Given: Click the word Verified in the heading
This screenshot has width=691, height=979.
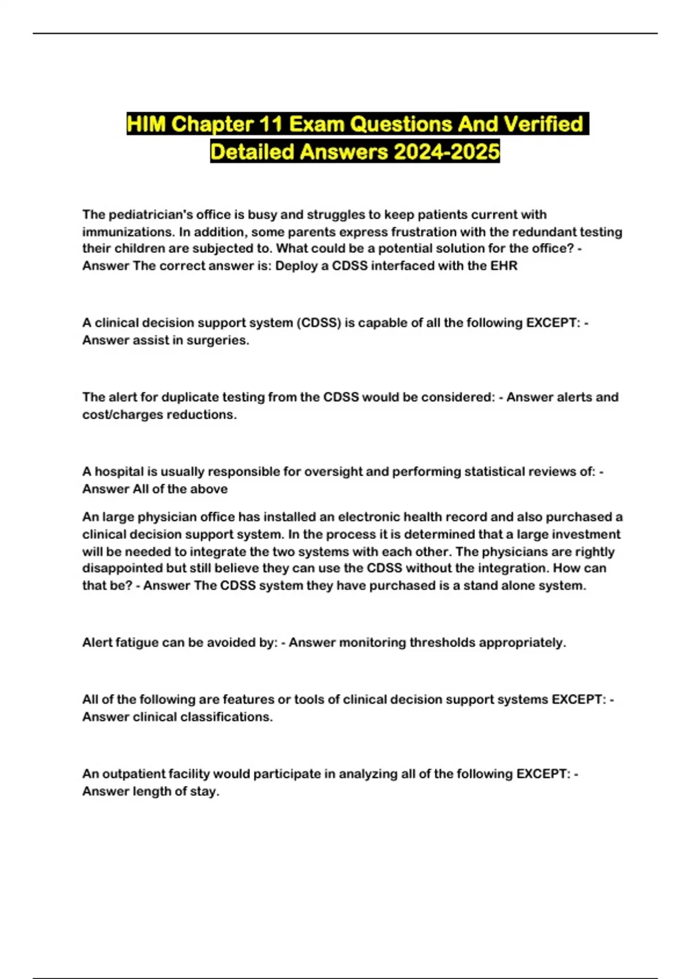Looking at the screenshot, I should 543,124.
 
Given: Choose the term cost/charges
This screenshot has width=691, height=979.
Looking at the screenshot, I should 124,415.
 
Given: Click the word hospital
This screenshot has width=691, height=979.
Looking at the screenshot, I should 120,472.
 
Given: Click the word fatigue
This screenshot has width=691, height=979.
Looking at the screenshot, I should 136,643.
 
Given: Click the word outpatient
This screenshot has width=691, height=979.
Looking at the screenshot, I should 135,774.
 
